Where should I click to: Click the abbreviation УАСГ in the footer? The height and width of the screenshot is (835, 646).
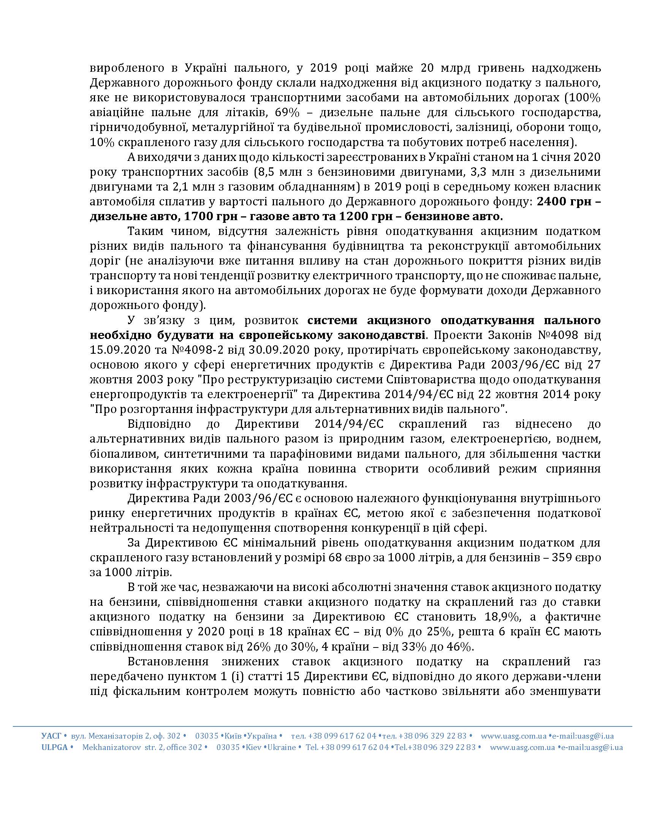(x=51, y=736)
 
